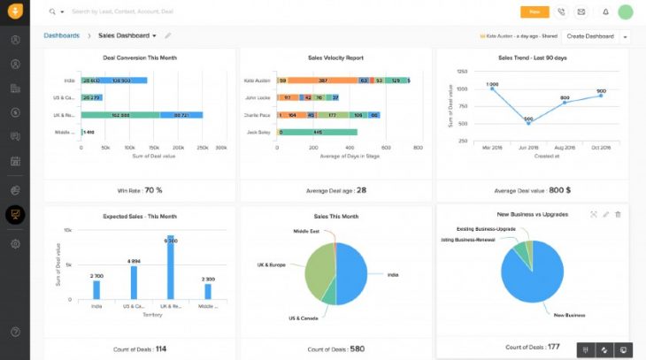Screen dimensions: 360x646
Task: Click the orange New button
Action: click(x=534, y=12)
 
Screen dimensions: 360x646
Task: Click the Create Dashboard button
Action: click(x=589, y=36)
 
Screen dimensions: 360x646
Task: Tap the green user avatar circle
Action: click(x=626, y=12)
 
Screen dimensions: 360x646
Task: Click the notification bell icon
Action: click(x=605, y=12)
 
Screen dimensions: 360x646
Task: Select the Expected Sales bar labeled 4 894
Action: click(x=134, y=281)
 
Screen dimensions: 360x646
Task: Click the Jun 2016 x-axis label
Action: click(x=528, y=148)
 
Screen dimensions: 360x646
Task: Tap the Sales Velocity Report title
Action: click(x=337, y=57)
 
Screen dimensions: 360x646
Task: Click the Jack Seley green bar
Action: click(x=319, y=132)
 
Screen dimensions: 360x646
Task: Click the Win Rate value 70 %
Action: click(x=153, y=190)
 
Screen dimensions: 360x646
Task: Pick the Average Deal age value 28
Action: click(x=361, y=190)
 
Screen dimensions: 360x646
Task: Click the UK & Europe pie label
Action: click(x=270, y=264)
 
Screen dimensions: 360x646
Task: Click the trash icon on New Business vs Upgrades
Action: click(x=618, y=214)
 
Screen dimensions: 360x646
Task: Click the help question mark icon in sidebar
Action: click(x=15, y=332)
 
